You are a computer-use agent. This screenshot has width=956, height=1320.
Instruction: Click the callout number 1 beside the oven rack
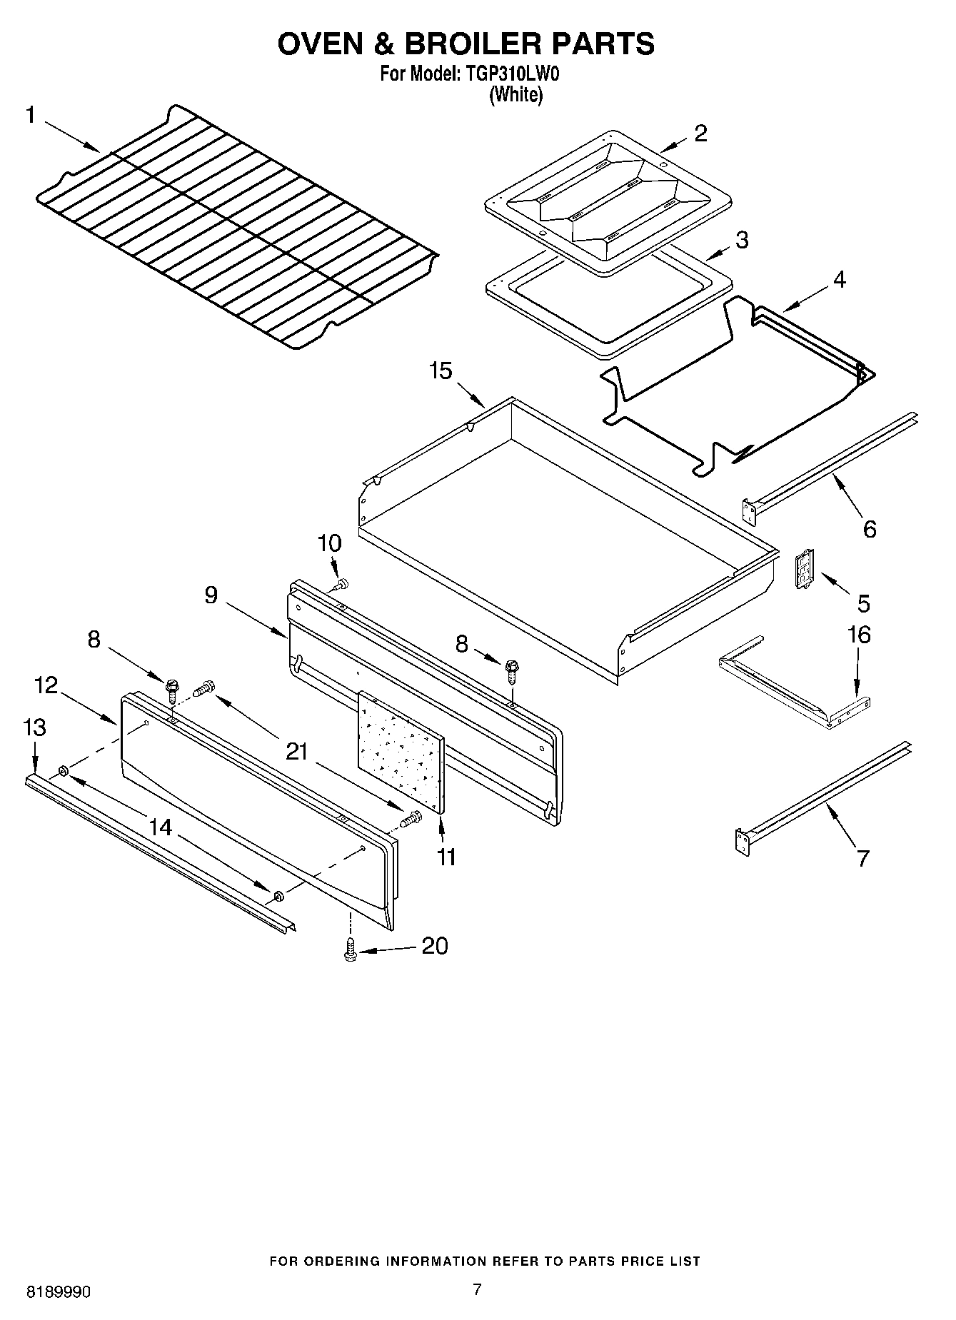tap(31, 115)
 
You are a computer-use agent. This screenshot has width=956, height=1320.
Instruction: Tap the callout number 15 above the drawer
tap(441, 371)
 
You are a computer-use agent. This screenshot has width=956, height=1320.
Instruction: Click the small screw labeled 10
tap(341, 584)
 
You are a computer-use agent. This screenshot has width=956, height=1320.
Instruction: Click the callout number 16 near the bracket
tap(859, 634)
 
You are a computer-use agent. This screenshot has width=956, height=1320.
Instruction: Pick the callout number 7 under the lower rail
tap(862, 857)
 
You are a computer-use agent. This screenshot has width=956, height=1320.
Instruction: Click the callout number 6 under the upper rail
tap(869, 529)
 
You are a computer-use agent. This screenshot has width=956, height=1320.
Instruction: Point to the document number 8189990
tap(59, 1292)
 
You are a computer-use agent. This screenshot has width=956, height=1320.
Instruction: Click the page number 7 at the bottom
tap(477, 1289)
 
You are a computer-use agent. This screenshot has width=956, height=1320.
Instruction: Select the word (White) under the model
tap(515, 95)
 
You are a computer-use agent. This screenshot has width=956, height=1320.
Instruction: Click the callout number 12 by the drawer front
tap(46, 685)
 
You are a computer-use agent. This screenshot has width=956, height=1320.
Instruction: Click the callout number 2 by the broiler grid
tap(700, 133)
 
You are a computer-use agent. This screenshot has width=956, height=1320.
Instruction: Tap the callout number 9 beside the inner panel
tap(211, 595)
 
